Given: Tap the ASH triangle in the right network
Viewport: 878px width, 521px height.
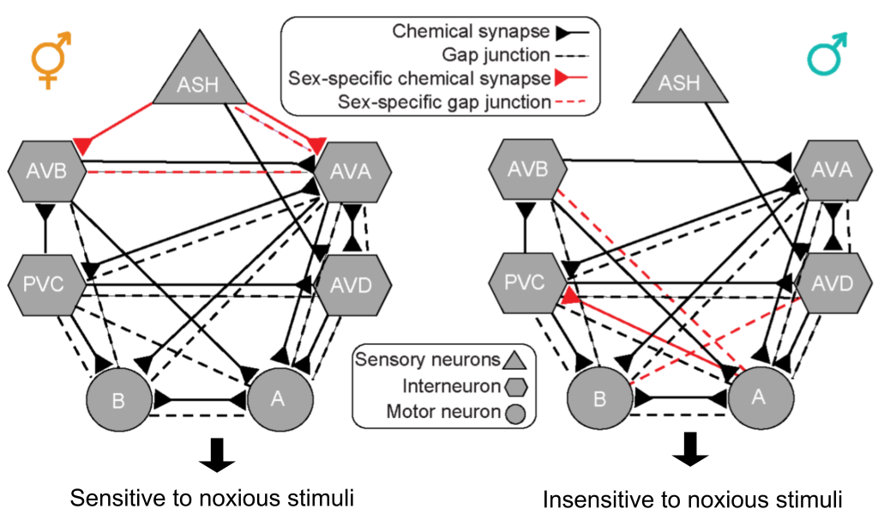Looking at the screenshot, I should click(678, 80).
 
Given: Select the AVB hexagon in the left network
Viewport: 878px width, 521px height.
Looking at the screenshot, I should click(48, 171).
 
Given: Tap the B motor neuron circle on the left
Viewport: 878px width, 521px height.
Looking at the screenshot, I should click(120, 400).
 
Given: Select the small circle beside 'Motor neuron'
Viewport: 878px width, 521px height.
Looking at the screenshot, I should click(515, 413).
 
